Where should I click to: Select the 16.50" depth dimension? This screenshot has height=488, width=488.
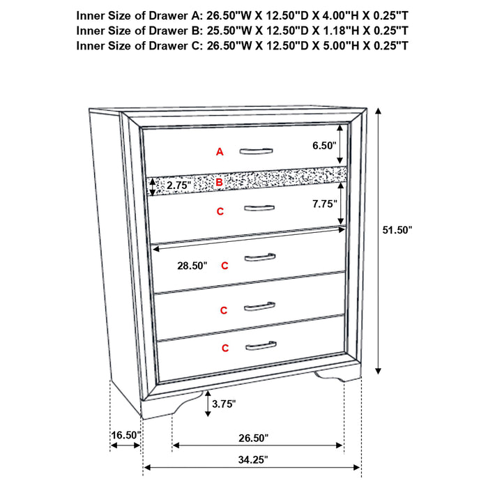coord(125,435)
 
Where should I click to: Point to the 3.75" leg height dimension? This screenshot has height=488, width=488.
coord(224,403)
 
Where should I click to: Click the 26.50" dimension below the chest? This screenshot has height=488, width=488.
coord(252,438)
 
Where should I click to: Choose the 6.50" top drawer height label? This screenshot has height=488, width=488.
coord(324,145)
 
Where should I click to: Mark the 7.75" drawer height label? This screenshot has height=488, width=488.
coord(324,204)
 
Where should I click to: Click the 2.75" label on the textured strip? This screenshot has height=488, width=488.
coord(178,185)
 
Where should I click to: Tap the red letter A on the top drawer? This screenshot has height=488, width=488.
coord(220,151)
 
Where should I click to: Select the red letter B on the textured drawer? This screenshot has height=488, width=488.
coord(219,183)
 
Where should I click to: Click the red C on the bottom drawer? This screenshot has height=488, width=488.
coord(225,347)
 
